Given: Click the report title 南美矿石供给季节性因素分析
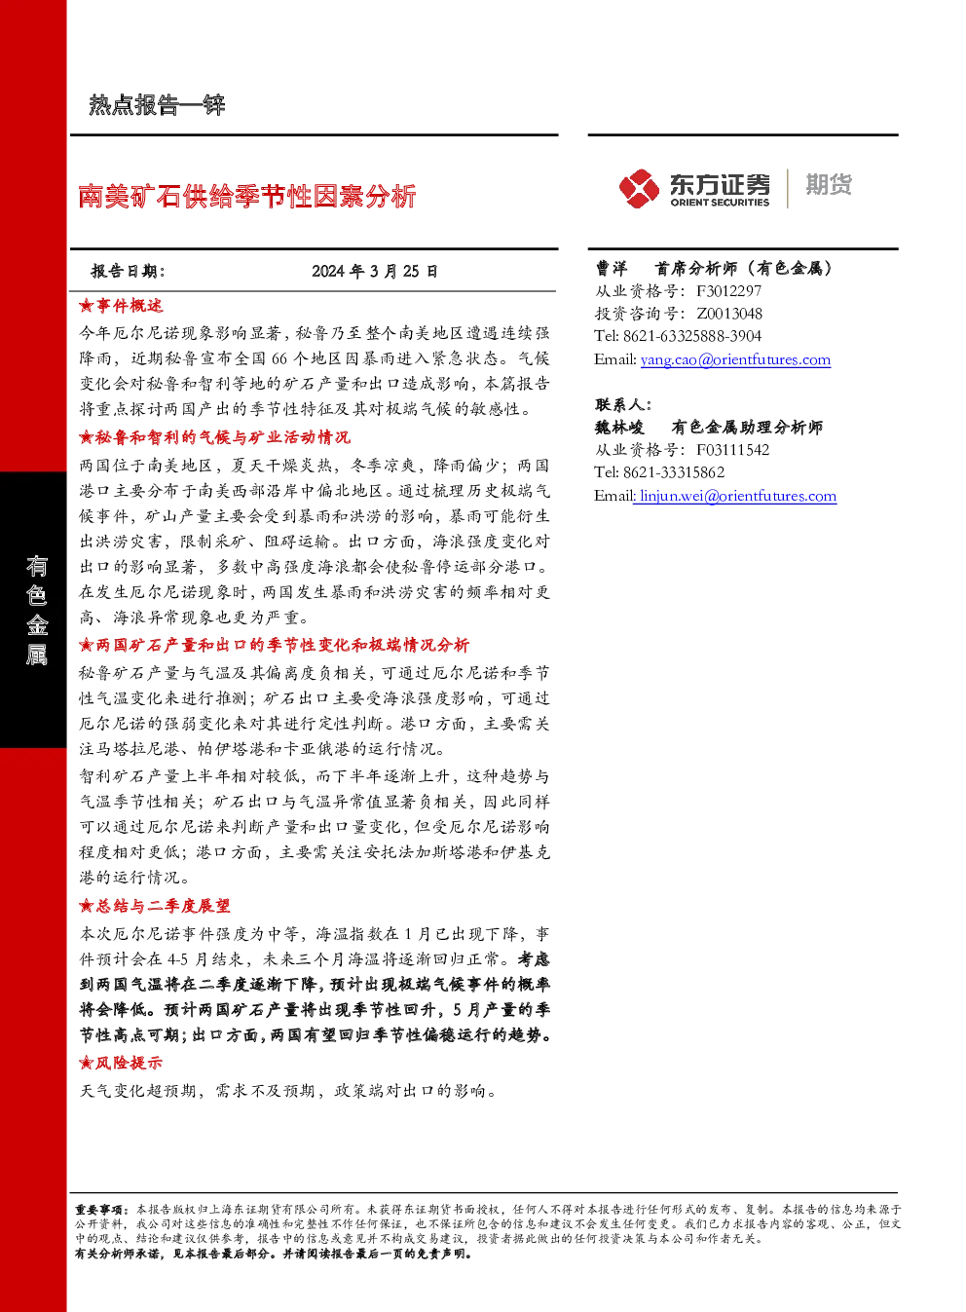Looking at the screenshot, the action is click(x=247, y=196).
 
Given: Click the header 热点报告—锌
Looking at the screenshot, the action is click(x=157, y=105).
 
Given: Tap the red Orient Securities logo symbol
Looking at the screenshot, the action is click(x=639, y=188).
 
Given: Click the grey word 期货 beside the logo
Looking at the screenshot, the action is click(x=829, y=184).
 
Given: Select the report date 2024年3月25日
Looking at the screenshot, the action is click(x=375, y=271).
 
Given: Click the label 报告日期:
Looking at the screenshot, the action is click(x=129, y=271).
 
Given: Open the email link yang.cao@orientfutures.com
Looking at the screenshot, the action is click(x=735, y=359).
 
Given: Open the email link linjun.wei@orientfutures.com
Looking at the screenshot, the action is click(x=738, y=496).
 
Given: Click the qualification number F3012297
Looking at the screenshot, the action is click(x=729, y=291).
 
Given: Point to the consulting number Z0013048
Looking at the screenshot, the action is click(x=729, y=314).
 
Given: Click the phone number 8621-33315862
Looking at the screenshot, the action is click(x=674, y=472).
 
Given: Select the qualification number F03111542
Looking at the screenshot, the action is click(x=733, y=450).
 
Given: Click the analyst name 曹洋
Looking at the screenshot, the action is click(x=612, y=268).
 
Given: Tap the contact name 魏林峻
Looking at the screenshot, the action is click(x=619, y=427).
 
